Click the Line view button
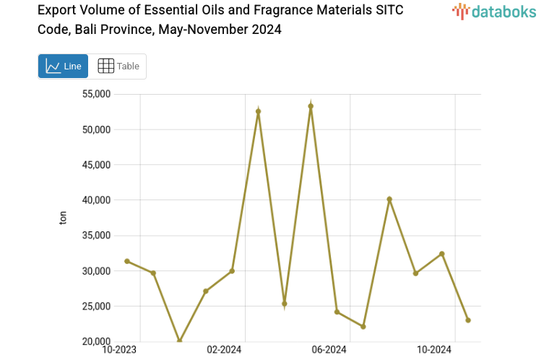point(63,66)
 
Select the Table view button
point(118,66)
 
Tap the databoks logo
point(495,12)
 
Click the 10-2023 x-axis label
point(120,350)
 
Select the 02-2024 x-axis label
point(224,350)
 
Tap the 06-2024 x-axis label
point(329,350)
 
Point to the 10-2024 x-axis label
point(433,350)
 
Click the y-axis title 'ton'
point(63,218)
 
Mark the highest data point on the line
point(311,106)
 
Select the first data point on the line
point(127,261)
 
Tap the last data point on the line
point(468,320)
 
